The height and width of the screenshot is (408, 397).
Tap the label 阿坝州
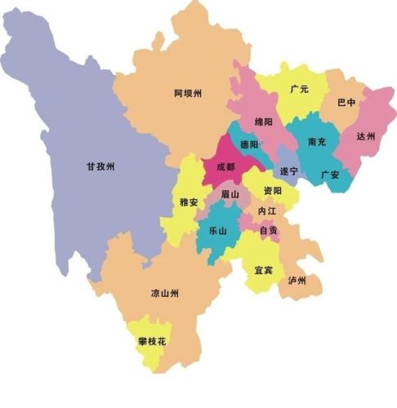[x=188, y=94]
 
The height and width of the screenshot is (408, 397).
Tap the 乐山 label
[x=218, y=232]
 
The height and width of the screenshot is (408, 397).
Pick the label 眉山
[x=230, y=193]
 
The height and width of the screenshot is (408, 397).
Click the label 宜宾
[x=263, y=268]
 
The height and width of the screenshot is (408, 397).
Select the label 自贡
[x=268, y=230]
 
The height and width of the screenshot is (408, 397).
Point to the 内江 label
[x=266, y=211]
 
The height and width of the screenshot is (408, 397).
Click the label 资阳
[x=272, y=190]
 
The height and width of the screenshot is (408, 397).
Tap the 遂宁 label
[x=288, y=171]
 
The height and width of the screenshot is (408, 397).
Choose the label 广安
[x=330, y=174]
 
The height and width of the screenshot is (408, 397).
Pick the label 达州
[x=365, y=137]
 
